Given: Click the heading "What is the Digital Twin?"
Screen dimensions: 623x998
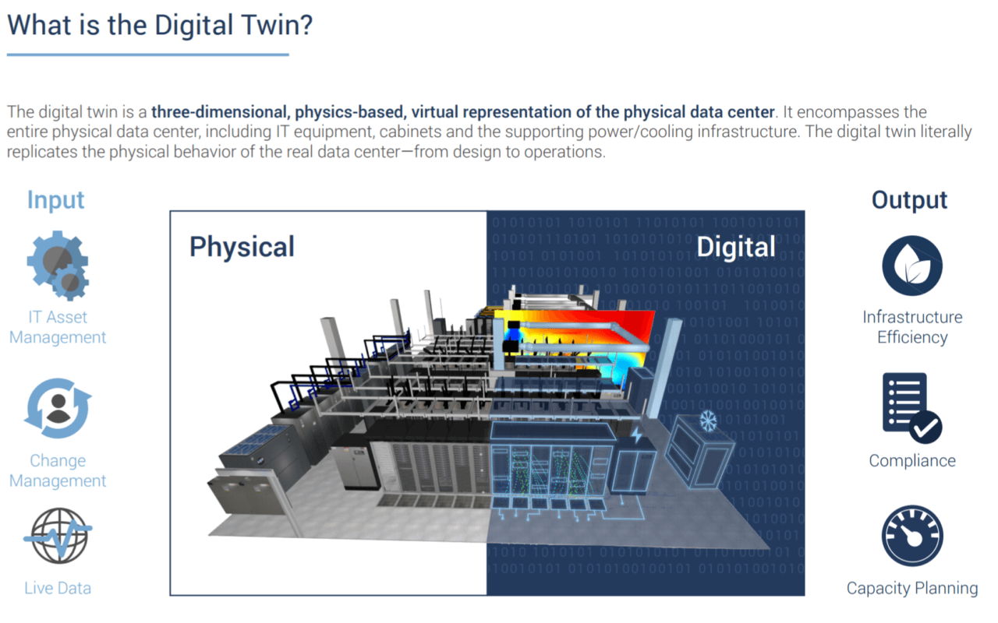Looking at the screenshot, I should click(160, 25).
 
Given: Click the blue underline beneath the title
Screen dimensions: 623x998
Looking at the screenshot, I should click(148, 55).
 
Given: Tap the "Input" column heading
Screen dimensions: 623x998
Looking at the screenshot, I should click(55, 199).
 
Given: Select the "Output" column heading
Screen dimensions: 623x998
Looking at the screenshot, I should click(909, 199).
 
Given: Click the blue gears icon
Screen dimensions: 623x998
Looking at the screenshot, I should click(58, 265).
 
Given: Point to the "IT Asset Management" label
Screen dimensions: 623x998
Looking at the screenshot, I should click(58, 327).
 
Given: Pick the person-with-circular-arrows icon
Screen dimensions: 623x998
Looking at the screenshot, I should click(58, 409).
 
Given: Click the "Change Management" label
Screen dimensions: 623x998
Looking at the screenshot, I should click(58, 470).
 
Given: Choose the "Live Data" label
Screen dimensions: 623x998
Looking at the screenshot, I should click(58, 588).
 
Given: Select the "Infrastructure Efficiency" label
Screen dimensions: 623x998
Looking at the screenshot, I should click(912, 327).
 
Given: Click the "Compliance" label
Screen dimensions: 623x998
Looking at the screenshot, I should click(912, 460).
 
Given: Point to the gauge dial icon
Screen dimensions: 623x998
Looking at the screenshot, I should click(912, 537).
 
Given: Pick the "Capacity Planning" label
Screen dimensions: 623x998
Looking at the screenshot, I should click(912, 588).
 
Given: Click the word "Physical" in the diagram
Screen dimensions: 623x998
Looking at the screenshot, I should click(242, 247).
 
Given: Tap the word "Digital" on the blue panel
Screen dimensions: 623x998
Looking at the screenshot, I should click(735, 247).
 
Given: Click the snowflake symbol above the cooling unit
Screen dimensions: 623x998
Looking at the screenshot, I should click(707, 421).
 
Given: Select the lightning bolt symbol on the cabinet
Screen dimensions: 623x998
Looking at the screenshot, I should click(637, 435).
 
